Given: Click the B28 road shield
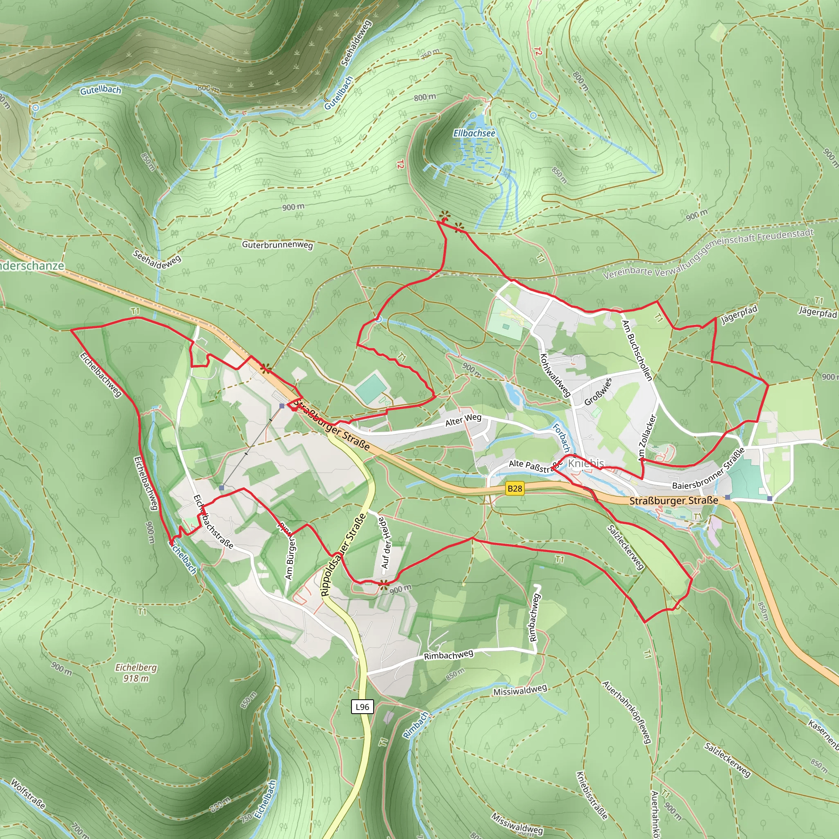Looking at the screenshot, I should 515,489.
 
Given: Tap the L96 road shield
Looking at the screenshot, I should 362,707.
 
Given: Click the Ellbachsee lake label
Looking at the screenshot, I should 474,133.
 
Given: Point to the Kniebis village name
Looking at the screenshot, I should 586,463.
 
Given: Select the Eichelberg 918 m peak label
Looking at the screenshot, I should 136,673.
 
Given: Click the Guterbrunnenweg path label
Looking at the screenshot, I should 277,245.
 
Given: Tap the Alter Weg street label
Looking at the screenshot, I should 463,420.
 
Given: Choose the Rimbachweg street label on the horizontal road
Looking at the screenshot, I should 449,655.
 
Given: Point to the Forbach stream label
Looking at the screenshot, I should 561,438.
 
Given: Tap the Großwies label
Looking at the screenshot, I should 598,392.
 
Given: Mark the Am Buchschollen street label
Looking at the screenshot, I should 637,350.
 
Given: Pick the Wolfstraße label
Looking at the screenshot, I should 28,794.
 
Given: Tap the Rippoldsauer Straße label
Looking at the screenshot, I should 343,555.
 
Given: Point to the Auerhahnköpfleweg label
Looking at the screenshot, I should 627,712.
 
